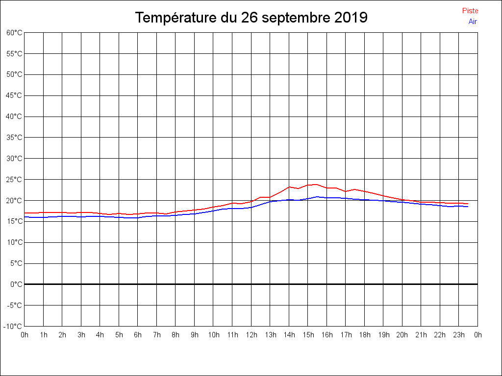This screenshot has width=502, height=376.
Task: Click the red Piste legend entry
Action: (x=470, y=11)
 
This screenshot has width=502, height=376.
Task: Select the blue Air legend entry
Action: (x=473, y=22)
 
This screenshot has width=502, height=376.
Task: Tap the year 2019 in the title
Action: (x=351, y=18)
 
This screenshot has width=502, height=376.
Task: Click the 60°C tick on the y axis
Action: (x=14, y=33)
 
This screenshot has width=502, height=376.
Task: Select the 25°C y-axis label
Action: (x=14, y=180)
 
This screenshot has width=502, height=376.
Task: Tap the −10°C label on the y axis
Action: (x=13, y=327)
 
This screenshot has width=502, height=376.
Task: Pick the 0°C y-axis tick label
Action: (x=16, y=284)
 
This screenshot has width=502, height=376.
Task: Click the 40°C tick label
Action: (x=14, y=117)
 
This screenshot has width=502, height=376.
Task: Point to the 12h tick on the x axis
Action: (x=251, y=335)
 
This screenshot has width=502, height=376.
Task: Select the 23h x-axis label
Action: (x=459, y=335)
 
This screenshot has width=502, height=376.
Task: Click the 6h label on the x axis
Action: (x=138, y=335)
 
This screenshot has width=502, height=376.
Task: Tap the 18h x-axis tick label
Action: (x=364, y=335)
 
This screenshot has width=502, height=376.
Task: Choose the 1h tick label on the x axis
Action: (x=44, y=335)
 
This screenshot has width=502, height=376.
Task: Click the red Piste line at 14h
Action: (x=289, y=187)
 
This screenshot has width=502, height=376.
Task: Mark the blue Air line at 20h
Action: (x=402, y=202)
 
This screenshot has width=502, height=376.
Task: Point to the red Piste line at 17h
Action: (x=346, y=191)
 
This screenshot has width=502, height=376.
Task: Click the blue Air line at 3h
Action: (x=81, y=217)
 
